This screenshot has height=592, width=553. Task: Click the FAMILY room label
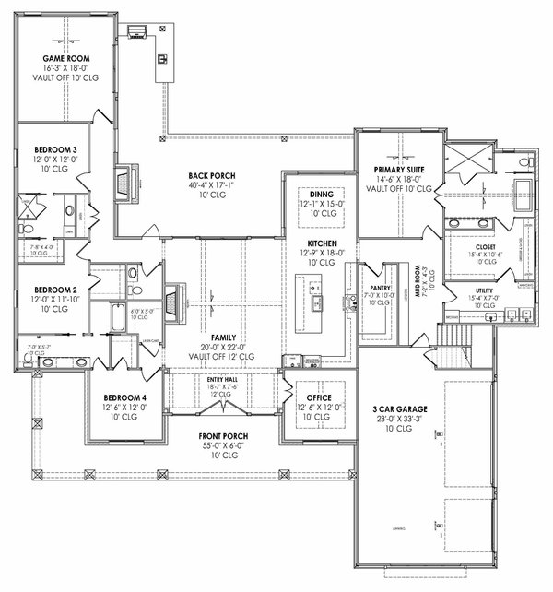[223, 337]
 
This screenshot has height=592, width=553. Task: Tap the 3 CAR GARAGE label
[399, 409]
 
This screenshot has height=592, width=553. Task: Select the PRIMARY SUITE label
[398, 171]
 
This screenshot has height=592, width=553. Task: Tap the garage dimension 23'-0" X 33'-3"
[399, 420]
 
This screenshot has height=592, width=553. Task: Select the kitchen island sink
[316, 302]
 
